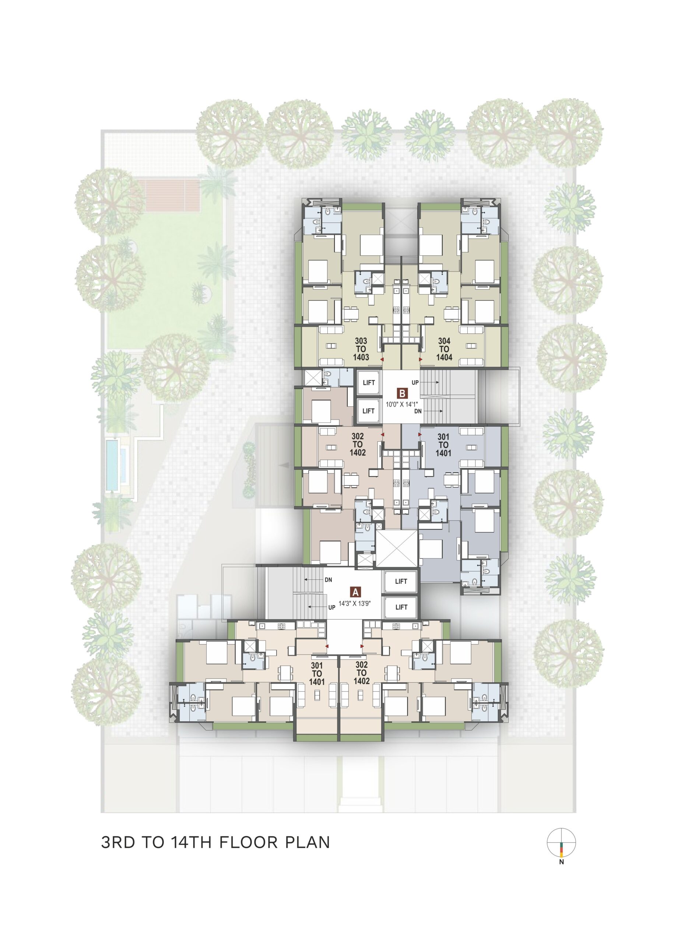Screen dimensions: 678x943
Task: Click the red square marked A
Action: (x=355, y=592)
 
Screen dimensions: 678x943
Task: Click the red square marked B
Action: (x=402, y=393)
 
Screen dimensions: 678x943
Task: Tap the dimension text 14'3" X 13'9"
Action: (x=354, y=604)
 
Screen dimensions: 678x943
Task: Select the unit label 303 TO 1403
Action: (x=361, y=349)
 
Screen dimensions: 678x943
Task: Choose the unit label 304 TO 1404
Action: (x=444, y=349)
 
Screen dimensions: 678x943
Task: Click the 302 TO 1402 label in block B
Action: (x=358, y=445)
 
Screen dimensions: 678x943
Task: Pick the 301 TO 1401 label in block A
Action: (x=317, y=674)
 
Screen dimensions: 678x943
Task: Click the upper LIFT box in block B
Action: (x=369, y=382)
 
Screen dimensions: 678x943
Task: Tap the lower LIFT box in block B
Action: (x=369, y=411)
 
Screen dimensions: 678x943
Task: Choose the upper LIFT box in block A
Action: (x=401, y=581)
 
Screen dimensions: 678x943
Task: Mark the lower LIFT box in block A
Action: (x=401, y=607)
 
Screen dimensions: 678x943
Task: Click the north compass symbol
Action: (x=561, y=842)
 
